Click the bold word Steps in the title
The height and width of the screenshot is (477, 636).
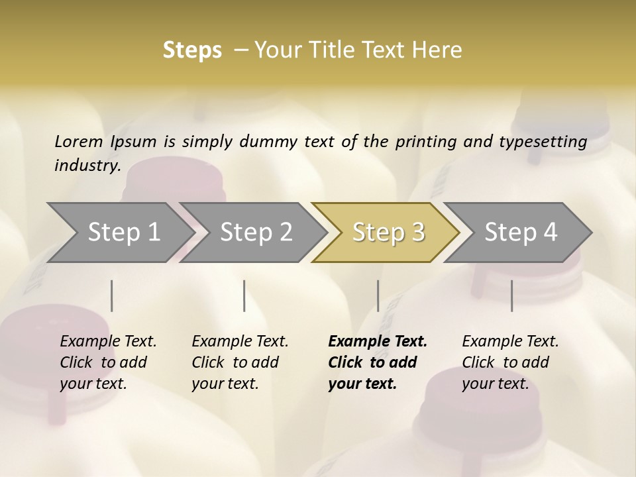tap(192, 50)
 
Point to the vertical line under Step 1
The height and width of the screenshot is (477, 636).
tap(112, 295)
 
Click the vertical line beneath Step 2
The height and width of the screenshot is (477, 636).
tap(244, 295)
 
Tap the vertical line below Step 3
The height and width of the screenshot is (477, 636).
tap(378, 295)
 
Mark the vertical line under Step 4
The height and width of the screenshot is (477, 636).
tap(511, 295)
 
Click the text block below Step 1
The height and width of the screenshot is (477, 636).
tap(108, 362)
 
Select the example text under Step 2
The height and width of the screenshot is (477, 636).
tap(240, 362)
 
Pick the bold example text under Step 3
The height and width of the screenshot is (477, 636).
tap(378, 362)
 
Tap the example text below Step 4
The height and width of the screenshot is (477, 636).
tap(510, 362)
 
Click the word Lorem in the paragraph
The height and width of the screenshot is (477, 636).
tap(79, 142)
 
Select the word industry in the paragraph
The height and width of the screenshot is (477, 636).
tap(87, 166)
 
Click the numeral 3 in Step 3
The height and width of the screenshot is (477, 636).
tap(417, 232)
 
